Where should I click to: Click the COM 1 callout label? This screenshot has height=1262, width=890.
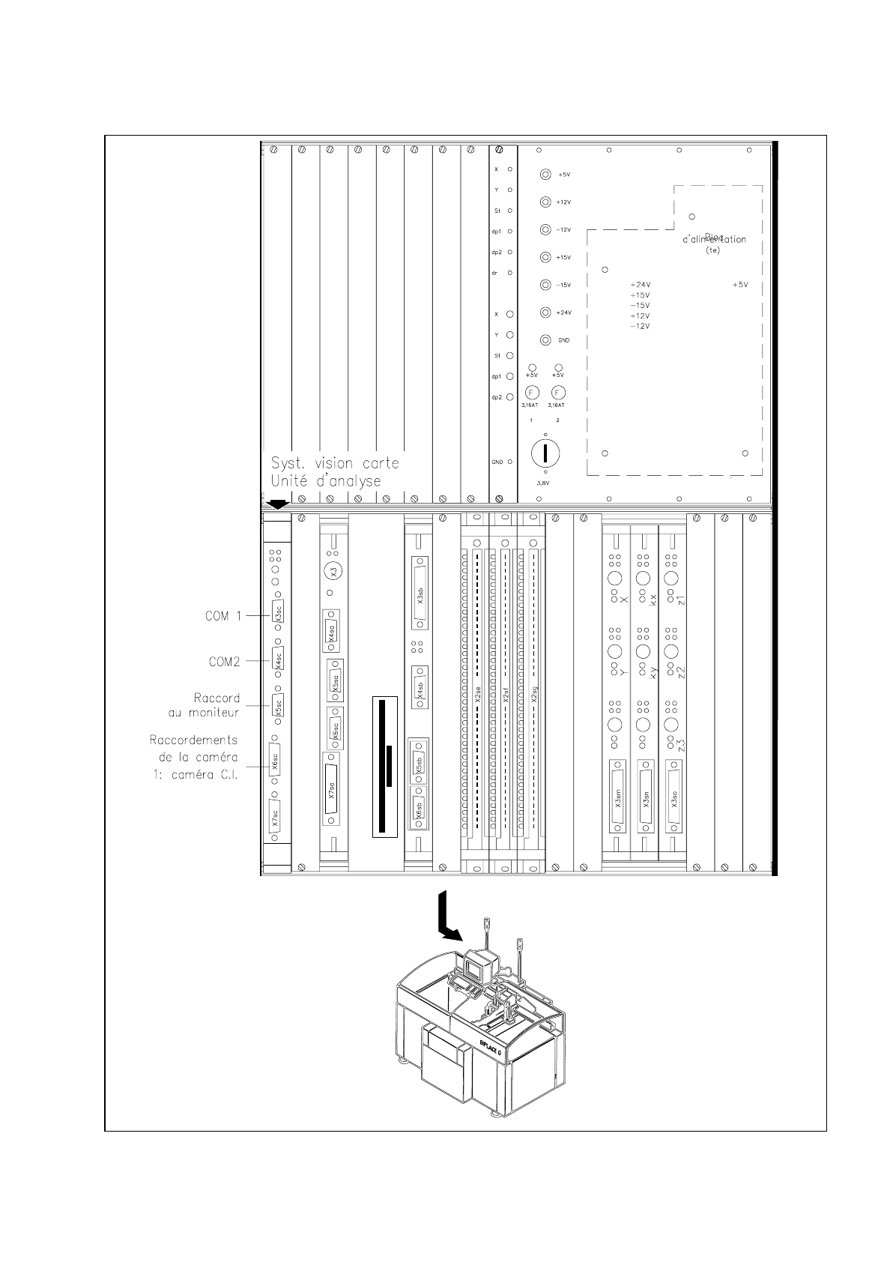pos(223,616)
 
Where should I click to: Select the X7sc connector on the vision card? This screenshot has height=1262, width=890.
pos(276,818)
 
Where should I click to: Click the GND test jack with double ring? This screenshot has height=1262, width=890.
pos(546,340)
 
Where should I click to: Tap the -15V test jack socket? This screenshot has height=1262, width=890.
pos(546,285)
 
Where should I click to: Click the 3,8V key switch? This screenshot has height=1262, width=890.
pos(545,453)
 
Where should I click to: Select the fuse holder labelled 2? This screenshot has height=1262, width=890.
pos(557,393)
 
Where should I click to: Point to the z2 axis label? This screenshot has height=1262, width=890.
pos(680,671)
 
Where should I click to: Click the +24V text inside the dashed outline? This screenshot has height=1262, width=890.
pos(640,285)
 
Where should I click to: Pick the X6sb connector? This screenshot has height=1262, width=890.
pos(419,811)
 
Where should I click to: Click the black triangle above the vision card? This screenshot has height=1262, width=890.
pos(277,504)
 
